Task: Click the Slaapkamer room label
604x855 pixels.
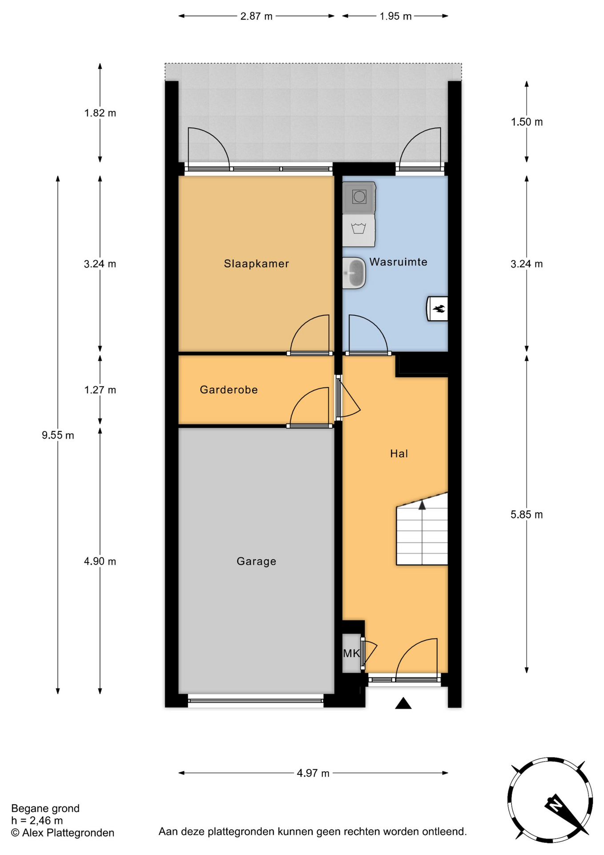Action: (256, 264)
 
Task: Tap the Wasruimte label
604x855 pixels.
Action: (398, 262)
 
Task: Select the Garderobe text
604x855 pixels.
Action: (229, 390)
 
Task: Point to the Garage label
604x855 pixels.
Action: (256, 562)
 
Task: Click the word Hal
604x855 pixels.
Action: (399, 454)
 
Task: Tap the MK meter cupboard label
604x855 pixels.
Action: (351, 653)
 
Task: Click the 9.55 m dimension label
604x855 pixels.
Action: (58, 435)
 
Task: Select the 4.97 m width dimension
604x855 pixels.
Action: (313, 773)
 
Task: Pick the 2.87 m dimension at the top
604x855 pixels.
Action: (256, 16)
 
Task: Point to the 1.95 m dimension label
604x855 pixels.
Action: (395, 16)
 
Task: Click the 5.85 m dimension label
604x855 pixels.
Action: (527, 515)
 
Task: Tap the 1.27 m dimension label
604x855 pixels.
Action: (100, 390)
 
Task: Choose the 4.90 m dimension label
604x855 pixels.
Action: (100, 562)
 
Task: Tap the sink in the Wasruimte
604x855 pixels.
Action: (354, 273)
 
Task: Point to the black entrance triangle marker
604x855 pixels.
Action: (403, 704)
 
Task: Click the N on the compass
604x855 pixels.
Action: (555, 805)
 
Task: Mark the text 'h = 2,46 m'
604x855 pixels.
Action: (37, 820)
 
